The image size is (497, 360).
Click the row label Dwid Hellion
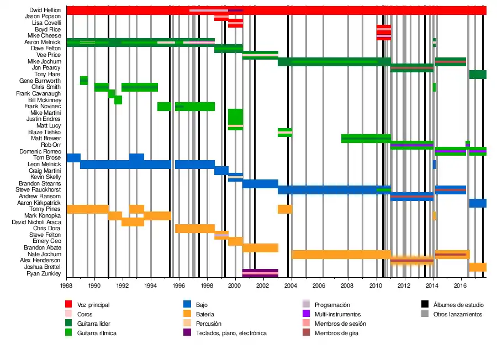click(x=45, y=10)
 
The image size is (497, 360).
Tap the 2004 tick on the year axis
click(x=291, y=286)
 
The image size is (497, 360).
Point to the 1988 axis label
click(x=66, y=286)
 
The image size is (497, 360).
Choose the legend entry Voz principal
click(x=94, y=305)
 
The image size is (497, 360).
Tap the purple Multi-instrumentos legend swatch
click(x=306, y=314)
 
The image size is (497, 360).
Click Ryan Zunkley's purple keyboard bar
click(x=260, y=273)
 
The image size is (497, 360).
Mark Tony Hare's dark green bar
click(x=478, y=74)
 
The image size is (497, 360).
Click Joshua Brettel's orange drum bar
click(x=478, y=267)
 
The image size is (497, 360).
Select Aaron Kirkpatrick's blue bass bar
click(x=478, y=203)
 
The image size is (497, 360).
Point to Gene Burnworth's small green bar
click(x=84, y=81)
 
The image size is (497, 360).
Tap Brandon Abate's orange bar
click(x=260, y=247)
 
